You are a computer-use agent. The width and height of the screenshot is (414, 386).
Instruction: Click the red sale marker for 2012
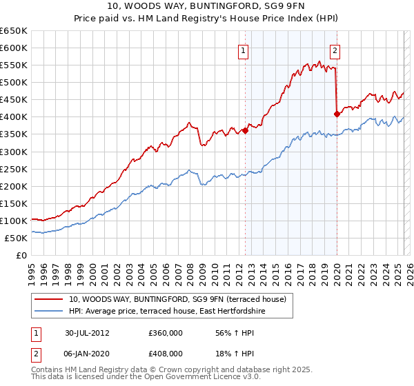[x=245, y=130]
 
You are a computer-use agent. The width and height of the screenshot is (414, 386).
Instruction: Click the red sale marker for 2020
[x=336, y=114]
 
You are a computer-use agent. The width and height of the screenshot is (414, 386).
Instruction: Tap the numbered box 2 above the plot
[x=335, y=50]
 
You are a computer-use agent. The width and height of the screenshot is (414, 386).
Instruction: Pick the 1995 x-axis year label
[x=32, y=271]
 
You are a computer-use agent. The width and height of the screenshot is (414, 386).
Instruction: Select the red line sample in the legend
[x=49, y=298]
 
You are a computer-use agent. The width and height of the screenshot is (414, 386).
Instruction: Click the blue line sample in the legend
[x=49, y=312]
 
